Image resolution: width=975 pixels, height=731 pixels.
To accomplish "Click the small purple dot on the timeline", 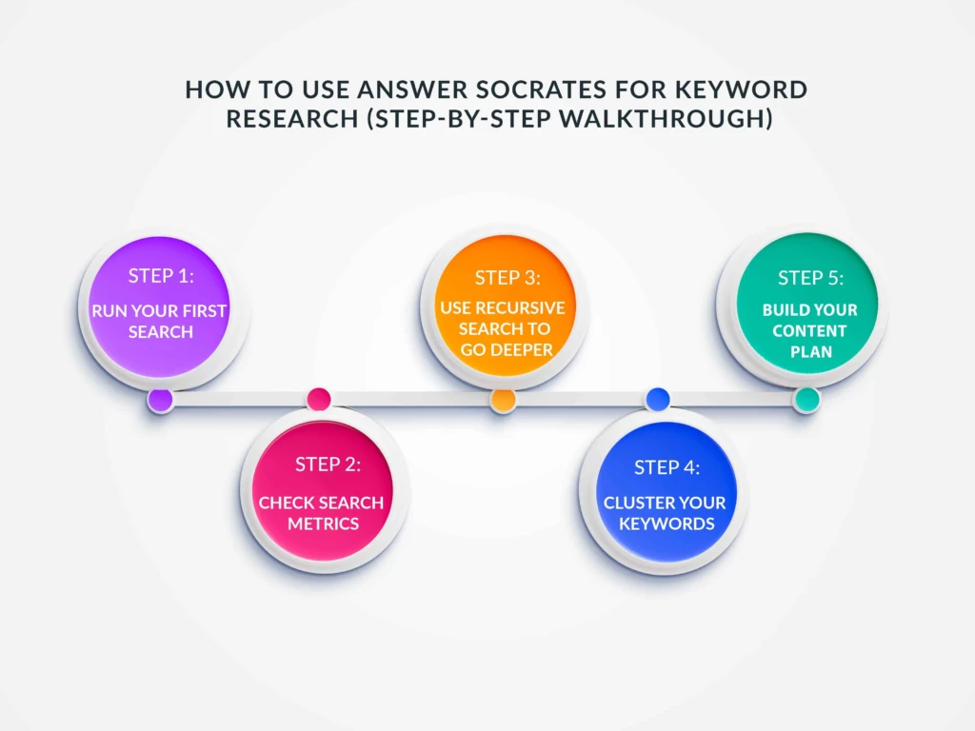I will (x=161, y=400).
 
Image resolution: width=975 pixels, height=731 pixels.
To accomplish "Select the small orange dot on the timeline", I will (x=503, y=400).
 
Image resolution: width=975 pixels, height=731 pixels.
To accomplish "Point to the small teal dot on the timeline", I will (x=806, y=400).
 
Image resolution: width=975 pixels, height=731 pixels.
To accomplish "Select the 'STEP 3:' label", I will (x=507, y=278).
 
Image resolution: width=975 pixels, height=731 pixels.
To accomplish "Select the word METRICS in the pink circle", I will (x=322, y=524).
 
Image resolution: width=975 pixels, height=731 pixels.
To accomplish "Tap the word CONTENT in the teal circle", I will (x=810, y=331).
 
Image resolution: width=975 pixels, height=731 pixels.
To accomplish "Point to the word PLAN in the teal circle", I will (x=810, y=352).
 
